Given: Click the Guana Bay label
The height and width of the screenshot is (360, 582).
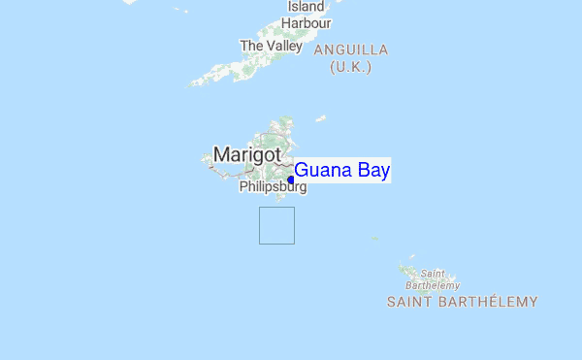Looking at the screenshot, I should (342, 171).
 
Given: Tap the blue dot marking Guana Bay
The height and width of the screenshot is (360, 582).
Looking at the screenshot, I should (291, 179).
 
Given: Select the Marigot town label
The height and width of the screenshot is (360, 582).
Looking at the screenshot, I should (247, 154).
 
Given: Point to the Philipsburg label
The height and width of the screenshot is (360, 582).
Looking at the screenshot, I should (272, 186).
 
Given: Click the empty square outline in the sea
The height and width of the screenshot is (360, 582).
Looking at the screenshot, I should (276, 225).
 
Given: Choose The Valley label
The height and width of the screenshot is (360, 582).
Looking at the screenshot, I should (272, 46).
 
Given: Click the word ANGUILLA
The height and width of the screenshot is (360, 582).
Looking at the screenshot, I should (350, 49).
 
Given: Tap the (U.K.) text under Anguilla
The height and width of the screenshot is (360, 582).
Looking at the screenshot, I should (351, 66).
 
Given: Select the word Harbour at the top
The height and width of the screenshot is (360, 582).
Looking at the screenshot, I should (307, 23).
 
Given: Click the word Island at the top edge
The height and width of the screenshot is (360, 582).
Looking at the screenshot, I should (307, 7).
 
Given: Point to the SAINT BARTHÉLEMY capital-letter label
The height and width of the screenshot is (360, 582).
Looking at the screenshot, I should (462, 302).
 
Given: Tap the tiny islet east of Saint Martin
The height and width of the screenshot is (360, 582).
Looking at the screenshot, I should (320, 118).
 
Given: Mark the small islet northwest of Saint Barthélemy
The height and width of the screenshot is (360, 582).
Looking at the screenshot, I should (374, 238).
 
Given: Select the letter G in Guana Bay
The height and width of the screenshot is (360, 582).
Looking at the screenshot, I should (302, 171).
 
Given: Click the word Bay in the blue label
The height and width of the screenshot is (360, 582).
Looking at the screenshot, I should (372, 171).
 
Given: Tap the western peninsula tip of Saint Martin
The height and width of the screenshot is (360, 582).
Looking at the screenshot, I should (206, 158).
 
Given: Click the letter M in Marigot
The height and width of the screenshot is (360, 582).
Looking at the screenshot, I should (222, 154).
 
